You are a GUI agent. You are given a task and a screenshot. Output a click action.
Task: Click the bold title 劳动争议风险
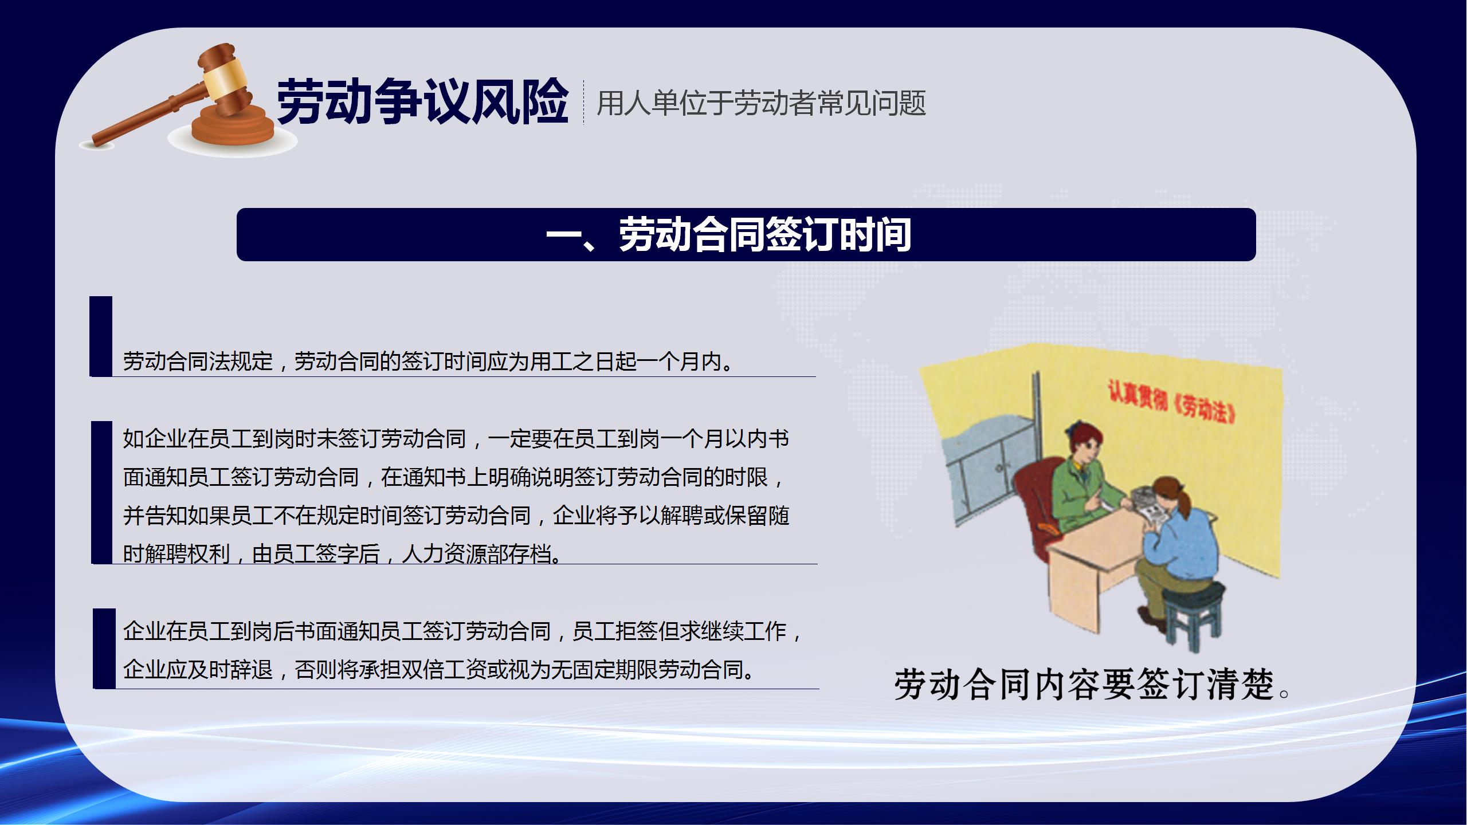(x=422, y=103)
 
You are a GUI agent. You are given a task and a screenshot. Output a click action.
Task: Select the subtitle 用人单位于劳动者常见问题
(x=761, y=104)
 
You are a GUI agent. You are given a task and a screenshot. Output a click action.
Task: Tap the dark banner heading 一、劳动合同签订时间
(x=728, y=235)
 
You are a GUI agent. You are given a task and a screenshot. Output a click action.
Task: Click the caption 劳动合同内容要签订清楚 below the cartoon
(x=1092, y=684)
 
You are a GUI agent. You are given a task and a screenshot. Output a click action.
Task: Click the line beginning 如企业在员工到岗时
(x=456, y=439)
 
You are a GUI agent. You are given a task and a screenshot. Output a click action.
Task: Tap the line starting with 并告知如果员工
(x=456, y=516)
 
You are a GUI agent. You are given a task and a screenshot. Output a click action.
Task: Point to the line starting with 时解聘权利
(x=342, y=553)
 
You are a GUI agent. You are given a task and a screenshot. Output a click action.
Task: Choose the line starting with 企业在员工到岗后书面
(x=463, y=631)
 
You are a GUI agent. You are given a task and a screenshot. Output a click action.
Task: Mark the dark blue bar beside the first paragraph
(x=101, y=336)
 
